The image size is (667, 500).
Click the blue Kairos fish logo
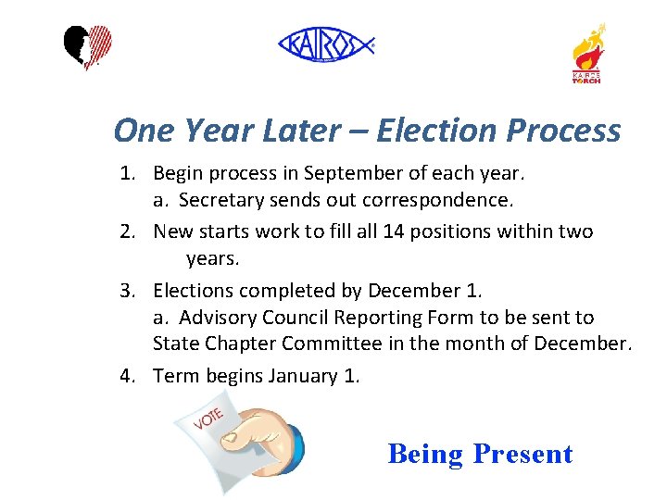pyautogui.click(x=326, y=44)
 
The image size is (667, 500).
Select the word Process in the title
pyautogui.click(x=564, y=131)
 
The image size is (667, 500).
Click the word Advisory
pyautogui.click(x=220, y=318)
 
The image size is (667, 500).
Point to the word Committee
pyautogui.click(x=332, y=344)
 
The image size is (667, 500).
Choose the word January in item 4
pyautogui.click(x=303, y=375)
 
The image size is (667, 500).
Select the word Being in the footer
pyautogui.click(x=425, y=454)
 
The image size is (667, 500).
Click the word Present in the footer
pyautogui.click(x=522, y=454)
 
